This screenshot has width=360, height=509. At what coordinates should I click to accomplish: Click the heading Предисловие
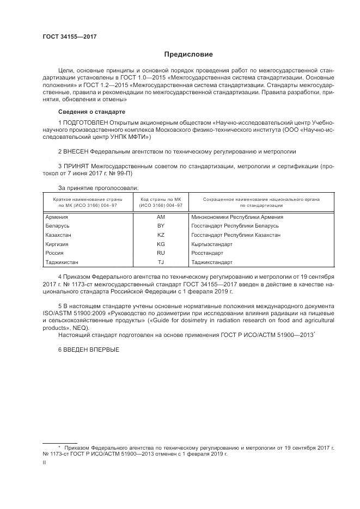click(189, 54)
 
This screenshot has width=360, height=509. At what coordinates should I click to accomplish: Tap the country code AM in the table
click(161, 217)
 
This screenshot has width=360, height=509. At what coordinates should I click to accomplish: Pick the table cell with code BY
click(161, 226)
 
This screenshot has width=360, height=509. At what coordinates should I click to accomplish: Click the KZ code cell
click(161, 235)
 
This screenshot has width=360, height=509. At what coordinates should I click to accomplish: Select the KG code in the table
click(161, 244)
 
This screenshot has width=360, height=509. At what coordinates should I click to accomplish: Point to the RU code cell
click(161, 253)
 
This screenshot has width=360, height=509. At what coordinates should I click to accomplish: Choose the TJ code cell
click(161, 262)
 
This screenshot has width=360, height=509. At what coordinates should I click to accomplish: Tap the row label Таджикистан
click(64, 262)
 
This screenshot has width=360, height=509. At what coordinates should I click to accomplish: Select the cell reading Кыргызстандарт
click(212, 244)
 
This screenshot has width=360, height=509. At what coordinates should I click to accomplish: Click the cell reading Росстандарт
click(208, 253)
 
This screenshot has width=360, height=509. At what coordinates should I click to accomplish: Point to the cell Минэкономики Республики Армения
click(237, 217)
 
